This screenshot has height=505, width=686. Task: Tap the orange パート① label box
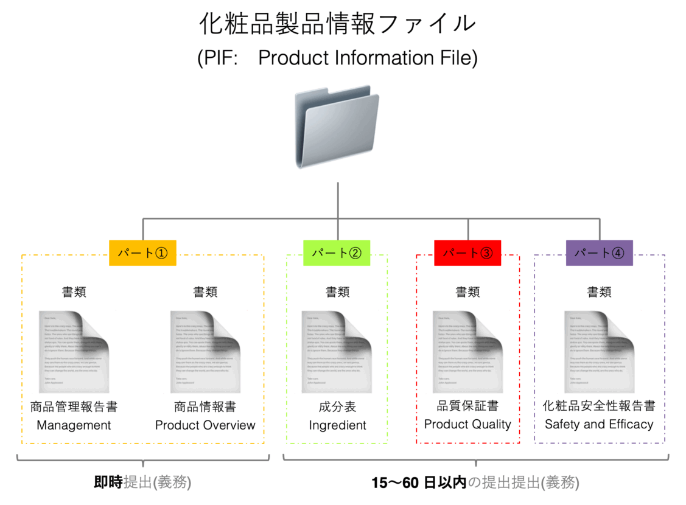[x=142, y=253]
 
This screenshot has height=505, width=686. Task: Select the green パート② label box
[x=337, y=253]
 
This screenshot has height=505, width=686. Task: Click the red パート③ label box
[x=467, y=253]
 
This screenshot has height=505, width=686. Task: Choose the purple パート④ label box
[x=599, y=253]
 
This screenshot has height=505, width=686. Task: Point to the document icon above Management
[x=74, y=352]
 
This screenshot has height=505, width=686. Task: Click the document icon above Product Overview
[x=205, y=352]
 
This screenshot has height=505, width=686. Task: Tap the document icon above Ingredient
[x=337, y=352]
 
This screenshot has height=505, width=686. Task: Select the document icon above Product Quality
[x=467, y=352]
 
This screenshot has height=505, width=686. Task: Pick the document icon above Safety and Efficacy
[x=599, y=352]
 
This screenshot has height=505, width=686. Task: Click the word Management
[x=74, y=425]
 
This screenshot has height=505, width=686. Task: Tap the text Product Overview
[x=205, y=425]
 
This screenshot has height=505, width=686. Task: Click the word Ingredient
[x=337, y=425]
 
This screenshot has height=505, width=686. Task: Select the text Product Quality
[x=467, y=424]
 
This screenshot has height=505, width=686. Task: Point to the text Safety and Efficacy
[x=599, y=424]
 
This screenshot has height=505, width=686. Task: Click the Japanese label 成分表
[x=337, y=406]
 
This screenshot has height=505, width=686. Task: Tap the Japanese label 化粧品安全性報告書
[x=599, y=405]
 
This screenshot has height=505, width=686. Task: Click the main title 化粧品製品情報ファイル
[x=337, y=24]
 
